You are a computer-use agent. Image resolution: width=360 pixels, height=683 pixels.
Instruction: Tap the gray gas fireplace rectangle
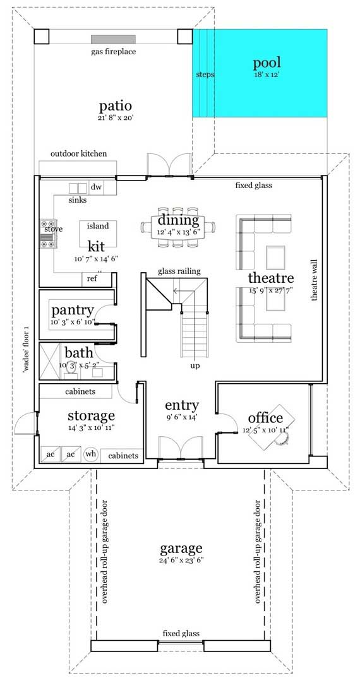113,39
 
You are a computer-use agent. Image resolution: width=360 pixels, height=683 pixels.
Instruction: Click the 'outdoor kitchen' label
79,153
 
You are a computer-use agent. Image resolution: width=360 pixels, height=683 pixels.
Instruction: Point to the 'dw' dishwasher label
96,187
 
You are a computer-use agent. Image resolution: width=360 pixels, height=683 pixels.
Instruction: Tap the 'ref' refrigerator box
92,278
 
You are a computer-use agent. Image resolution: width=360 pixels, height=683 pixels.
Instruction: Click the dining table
178,226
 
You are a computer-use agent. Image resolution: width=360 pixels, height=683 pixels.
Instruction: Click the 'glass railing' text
179,271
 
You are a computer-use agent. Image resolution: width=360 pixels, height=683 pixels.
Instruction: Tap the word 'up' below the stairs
195,365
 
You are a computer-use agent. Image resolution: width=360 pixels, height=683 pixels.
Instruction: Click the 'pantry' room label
72,310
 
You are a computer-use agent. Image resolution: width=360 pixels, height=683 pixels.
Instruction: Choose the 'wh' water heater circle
90,454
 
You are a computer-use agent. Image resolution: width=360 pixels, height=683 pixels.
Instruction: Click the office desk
268,429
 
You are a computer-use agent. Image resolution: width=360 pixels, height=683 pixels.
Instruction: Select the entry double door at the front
180,448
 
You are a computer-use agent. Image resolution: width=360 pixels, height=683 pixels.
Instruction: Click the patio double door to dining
168,165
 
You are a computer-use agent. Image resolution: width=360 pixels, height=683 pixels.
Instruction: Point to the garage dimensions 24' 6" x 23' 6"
181,561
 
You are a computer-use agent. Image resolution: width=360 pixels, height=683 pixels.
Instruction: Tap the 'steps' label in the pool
205,74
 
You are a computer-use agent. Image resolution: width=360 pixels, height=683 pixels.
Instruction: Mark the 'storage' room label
92,415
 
